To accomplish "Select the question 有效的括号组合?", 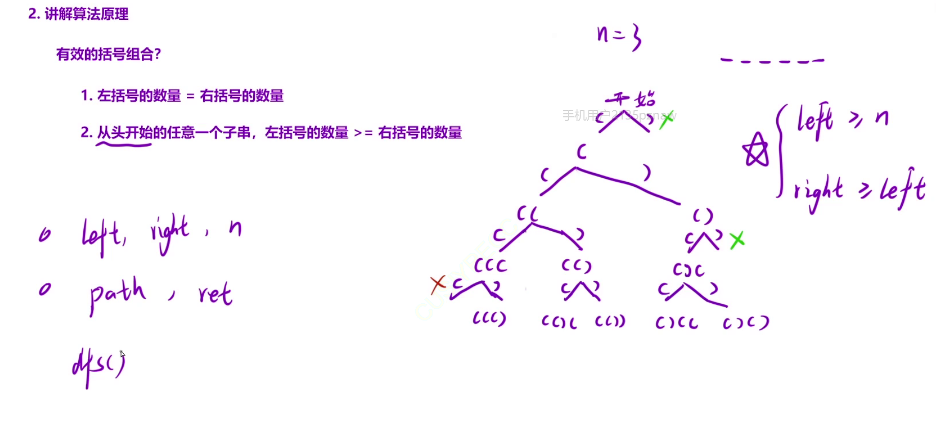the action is pyautogui.click(x=108, y=54).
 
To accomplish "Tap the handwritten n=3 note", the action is pyautogui.click(x=618, y=36).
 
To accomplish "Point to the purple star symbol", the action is pyautogui.click(x=755, y=151).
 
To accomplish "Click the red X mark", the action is pyautogui.click(x=438, y=284).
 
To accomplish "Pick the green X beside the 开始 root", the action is pyautogui.click(x=666, y=119).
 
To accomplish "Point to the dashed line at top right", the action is pyautogui.click(x=772, y=62).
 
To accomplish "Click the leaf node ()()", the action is pyautogui.click(x=747, y=323).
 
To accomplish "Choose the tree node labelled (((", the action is pyautogui.click(x=491, y=265).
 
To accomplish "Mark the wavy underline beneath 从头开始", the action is pyautogui.click(x=124, y=146).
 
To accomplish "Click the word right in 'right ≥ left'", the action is pyautogui.click(x=819, y=191).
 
